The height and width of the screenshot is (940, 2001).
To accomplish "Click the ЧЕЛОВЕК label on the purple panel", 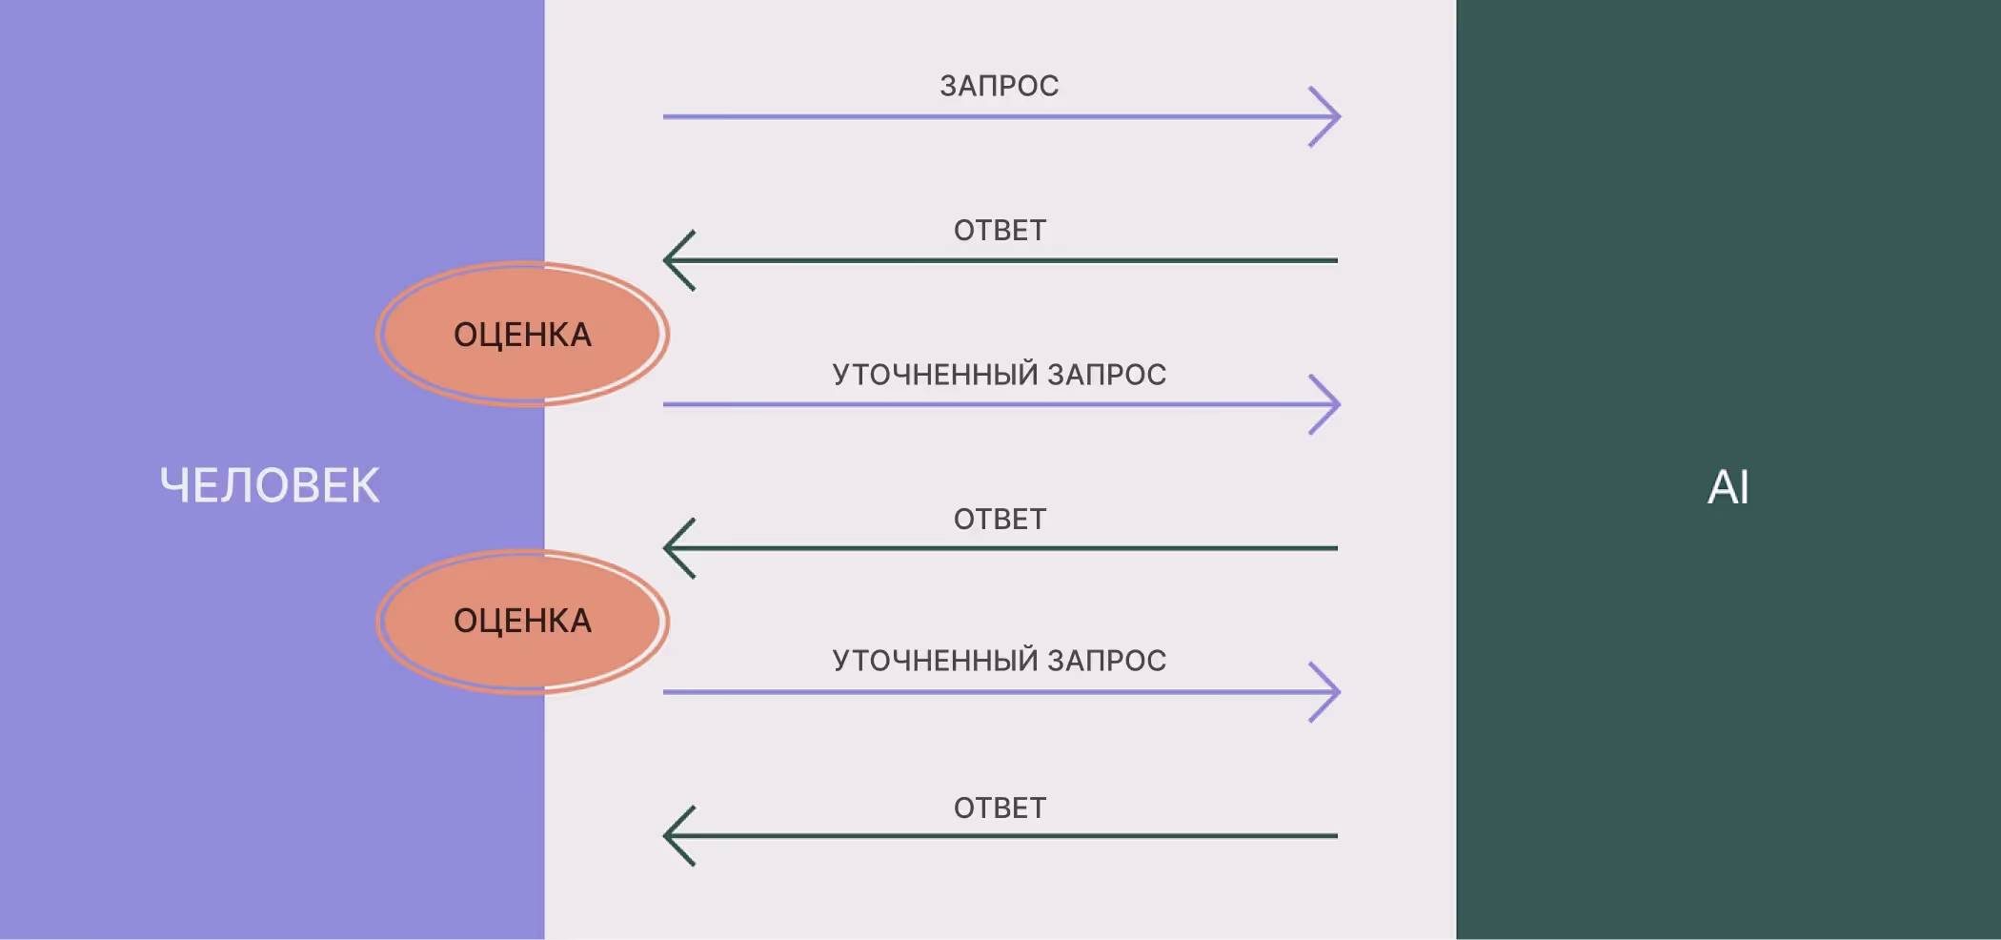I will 270,485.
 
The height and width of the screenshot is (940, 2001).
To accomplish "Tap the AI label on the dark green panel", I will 1728,487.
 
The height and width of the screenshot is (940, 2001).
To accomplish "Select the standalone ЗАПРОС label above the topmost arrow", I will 999,86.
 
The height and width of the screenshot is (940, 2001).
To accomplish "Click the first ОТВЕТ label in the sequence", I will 1000,231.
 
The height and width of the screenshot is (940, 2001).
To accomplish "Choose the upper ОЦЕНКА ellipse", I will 522,335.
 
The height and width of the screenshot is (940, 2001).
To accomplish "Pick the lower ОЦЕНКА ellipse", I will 522,621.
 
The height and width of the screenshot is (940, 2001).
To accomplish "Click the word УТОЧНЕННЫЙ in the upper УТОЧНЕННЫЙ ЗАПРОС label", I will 934,375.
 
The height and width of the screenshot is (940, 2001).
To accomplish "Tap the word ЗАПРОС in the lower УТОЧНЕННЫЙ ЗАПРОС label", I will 1106,661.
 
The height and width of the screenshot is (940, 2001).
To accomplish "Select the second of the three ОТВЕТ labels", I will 1000,520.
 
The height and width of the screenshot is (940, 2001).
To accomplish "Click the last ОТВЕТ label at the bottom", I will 1000,808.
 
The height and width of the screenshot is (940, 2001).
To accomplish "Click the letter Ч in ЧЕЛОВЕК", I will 175,485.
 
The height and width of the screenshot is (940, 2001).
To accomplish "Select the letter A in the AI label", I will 1721,487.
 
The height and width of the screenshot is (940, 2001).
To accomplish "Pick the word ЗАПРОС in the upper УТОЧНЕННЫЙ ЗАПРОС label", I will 1106,375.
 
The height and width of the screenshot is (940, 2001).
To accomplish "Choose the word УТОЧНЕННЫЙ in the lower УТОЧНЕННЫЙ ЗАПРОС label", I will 934,661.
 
